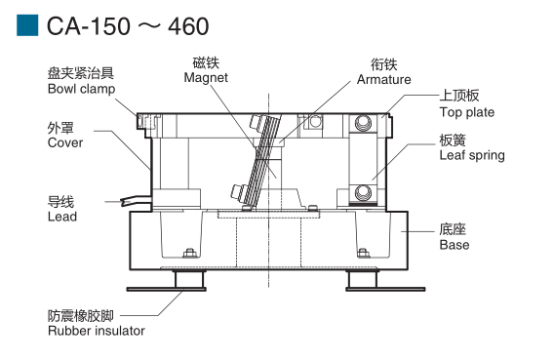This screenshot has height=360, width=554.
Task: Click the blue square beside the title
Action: pos(27,25)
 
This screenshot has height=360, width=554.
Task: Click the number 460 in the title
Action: pos(188,26)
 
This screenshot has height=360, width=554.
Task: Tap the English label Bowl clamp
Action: pos(82,89)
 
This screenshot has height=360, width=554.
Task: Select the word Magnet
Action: pos(206,78)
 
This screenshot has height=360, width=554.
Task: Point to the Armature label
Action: pos(384,79)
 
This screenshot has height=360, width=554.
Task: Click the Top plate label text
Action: pos(467,112)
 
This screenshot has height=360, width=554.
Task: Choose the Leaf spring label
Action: pos(472,155)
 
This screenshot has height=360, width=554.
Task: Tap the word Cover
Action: pos(65,142)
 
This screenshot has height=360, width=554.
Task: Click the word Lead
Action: pos(62,217)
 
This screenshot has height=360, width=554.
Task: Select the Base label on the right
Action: pos(455,245)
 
